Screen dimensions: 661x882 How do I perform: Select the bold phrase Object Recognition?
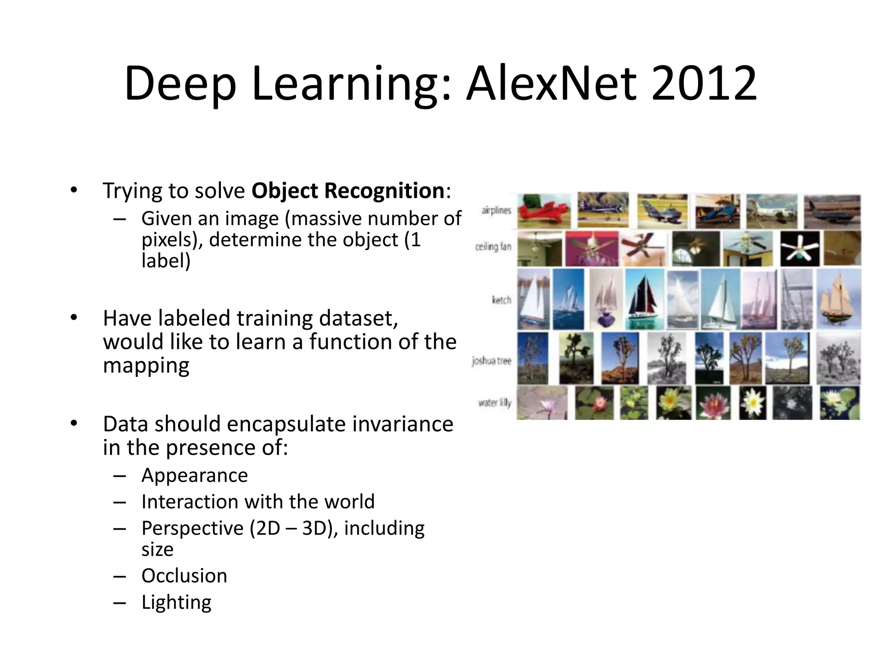348,191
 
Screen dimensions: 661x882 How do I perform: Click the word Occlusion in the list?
184,576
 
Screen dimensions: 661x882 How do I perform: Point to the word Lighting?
177,602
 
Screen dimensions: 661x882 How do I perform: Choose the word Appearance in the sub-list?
195,476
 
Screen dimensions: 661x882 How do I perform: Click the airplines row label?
496,210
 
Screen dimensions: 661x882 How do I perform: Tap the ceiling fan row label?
493,247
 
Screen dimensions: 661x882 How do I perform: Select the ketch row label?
501,300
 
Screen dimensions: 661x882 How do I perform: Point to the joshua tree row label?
491,361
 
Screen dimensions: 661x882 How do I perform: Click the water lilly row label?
494,403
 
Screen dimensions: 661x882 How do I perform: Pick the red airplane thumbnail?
543,211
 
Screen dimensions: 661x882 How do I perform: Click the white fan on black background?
800,248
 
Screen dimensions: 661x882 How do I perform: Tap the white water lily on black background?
753,403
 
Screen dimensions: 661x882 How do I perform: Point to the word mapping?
146,366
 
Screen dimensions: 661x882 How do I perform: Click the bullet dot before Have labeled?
74,318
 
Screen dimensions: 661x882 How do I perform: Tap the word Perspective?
193,528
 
